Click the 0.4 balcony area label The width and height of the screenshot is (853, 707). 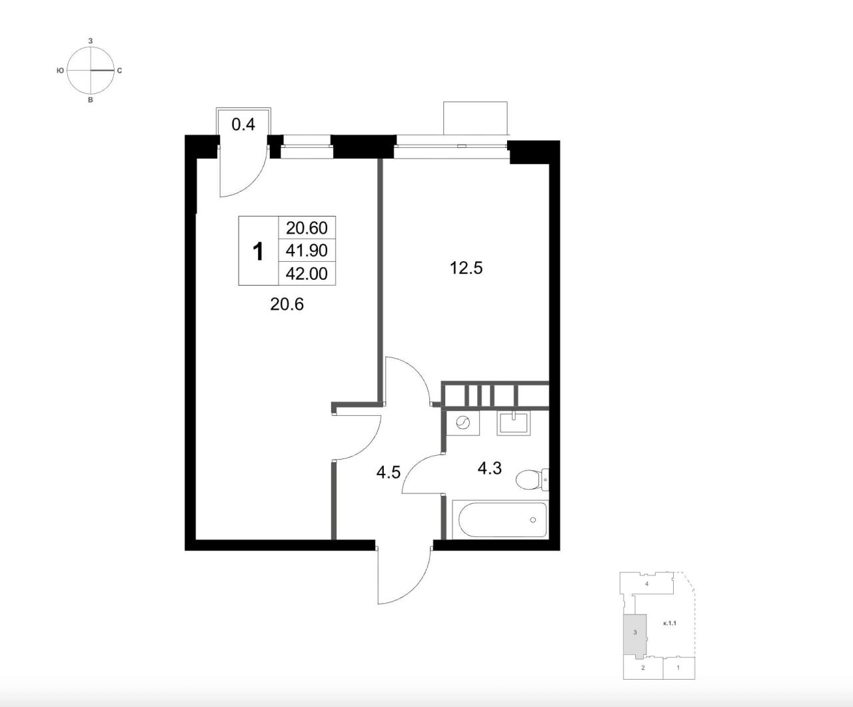coord(243,125)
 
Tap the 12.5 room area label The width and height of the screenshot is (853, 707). coord(466,269)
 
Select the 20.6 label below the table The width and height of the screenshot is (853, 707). coord(287,305)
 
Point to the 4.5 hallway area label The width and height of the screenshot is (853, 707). coord(389,472)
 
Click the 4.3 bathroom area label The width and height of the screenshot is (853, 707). coord(489,468)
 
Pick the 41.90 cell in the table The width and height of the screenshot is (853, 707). coord(307,251)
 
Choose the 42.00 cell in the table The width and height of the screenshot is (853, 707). coord(307,274)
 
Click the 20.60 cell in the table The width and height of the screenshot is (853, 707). coord(307,228)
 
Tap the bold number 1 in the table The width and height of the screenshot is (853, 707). coord(258,252)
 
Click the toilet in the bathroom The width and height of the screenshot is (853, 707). coord(532,480)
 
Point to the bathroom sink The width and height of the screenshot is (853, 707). coord(513,423)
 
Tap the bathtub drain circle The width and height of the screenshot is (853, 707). coord(532,520)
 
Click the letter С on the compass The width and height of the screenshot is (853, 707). coord(119,71)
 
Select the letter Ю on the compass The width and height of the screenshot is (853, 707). coord(60,71)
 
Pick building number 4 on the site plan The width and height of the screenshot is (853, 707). coord(646,584)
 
